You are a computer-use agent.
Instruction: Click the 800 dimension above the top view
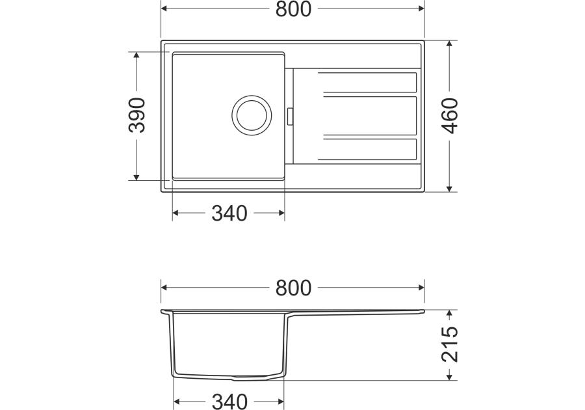pyautogui.click(x=293, y=9)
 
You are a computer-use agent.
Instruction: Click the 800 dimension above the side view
pyautogui.click(x=293, y=287)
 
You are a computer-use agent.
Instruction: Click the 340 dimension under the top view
pyautogui.click(x=229, y=213)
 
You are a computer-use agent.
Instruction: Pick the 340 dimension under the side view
pyautogui.click(x=229, y=402)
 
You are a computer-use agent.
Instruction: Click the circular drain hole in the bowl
pyautogui.click(x=250, y=115)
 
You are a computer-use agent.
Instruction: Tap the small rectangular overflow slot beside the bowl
pyautogui.click(x=289, y=115)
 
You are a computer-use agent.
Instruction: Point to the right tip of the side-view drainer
pyautogui.click(x=423, y=312)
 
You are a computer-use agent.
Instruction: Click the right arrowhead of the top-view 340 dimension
pyautogui.click(x=281, y=213)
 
